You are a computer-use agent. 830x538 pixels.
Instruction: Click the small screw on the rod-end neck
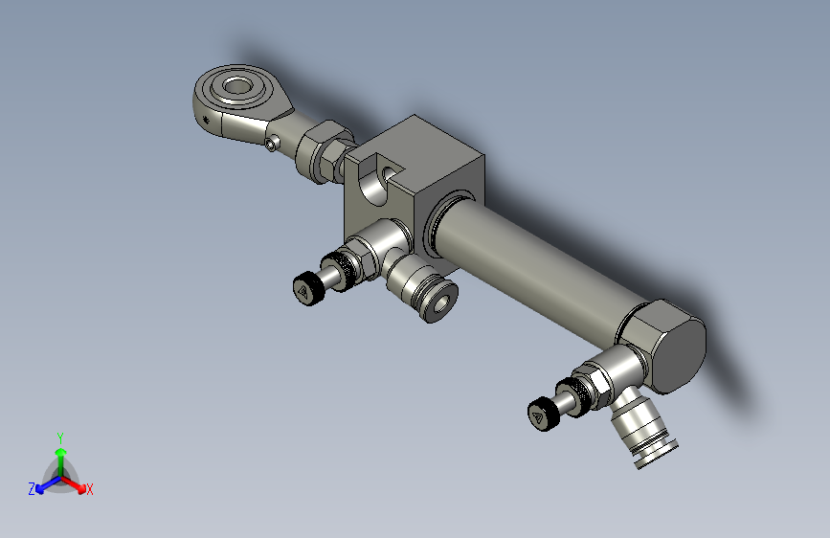click(x=274, y=146)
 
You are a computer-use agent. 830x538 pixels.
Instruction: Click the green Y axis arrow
click(x=60, y=453)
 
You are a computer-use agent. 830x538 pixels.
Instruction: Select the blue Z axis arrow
click(x=42, y=487)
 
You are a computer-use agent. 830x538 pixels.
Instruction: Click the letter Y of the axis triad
click(x=60, y=437)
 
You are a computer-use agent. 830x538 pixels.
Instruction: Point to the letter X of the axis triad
click(x=90, y=490)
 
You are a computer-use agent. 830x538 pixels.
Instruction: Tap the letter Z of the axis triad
click(x=32, y=489)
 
